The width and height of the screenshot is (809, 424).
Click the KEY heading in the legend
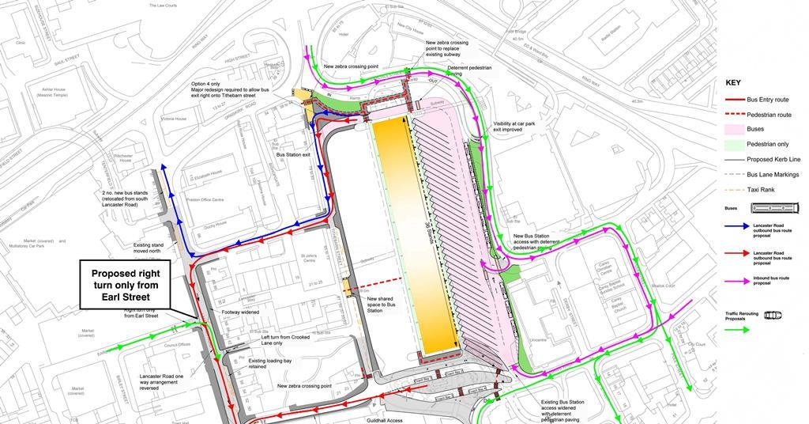(732, 82)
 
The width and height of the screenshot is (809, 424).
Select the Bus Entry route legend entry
(769, 100)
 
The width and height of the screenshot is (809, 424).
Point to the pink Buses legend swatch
(734, 129)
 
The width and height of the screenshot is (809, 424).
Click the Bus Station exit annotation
(293, 155)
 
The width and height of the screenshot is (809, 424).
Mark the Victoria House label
(173, 119)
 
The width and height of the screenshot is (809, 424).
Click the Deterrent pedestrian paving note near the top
(469, 71)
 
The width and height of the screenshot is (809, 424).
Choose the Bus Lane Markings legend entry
(773, 174)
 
